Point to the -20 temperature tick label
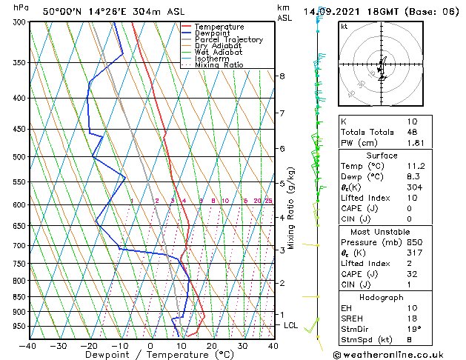click(x=89, y=346)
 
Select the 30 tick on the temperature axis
click(x=242, y=346)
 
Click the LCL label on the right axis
click(x=292, y=325)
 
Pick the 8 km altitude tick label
click(x=282, y=76)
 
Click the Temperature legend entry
click(x=219, y=27)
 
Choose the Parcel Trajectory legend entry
click(x=228, y=40)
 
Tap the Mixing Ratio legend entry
click(x=219, y=65)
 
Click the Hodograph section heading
click(x=382, y=297)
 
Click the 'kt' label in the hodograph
click(x=344, y=27)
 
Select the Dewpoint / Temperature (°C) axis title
click(x=150, y=356)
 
